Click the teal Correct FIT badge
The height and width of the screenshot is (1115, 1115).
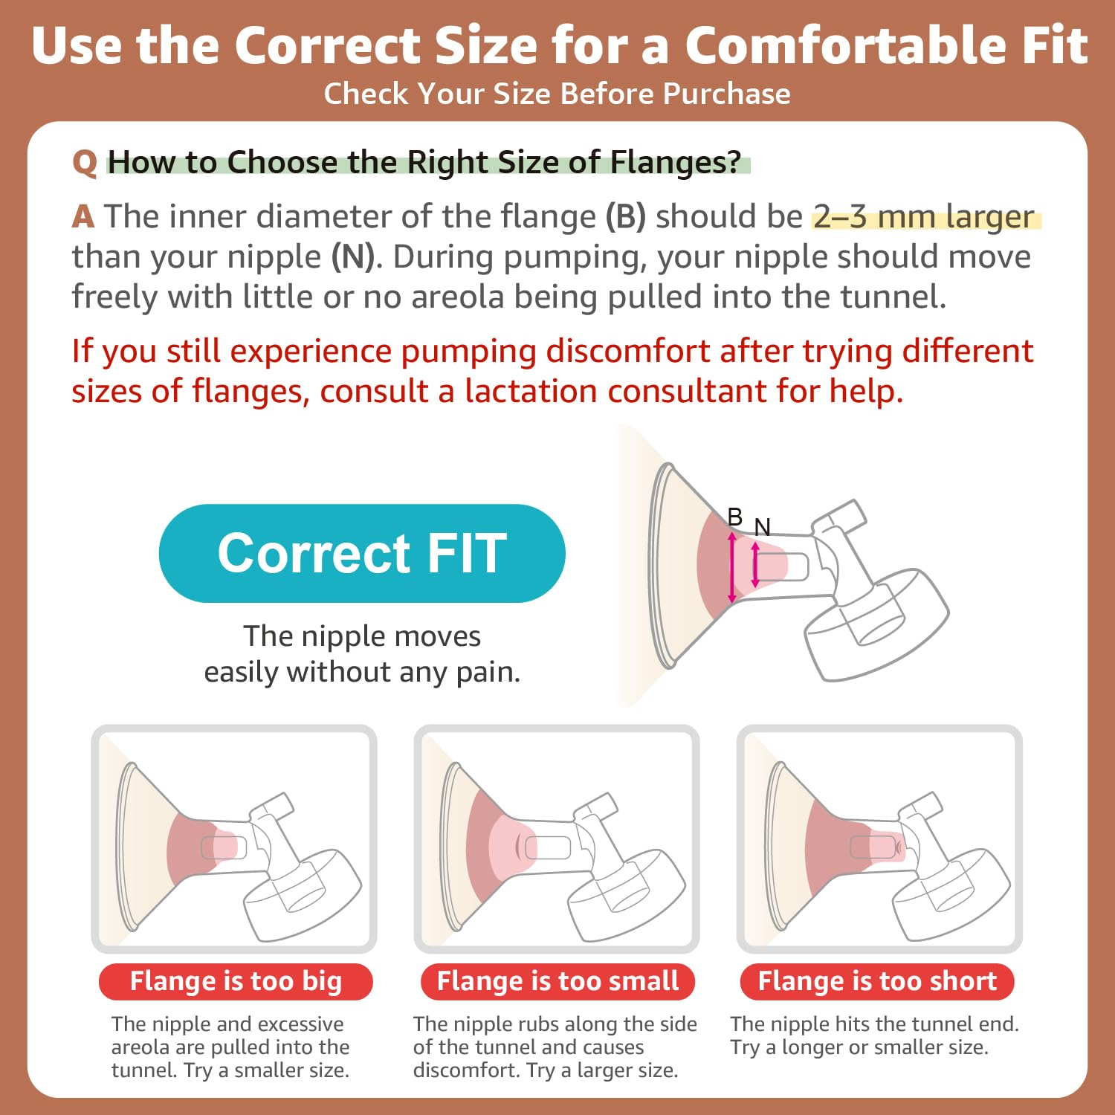click(x=362, y=553)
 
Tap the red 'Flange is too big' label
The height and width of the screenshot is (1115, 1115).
click(x=236, y=981)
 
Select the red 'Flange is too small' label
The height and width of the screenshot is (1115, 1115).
click(x=557, y=981)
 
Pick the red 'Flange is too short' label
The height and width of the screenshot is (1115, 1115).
click(x=877, y=981)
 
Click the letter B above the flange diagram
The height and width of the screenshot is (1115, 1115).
click(x=734, y=516)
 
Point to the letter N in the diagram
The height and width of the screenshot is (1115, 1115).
click(x=762, y=527)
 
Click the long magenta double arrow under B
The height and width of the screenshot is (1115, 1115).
click(x=732, y=566)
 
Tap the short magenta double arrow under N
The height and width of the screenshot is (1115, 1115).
click(x=755, y=565)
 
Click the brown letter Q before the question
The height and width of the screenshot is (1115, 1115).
click(x=85, y=163)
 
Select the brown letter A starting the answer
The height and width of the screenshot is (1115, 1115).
click(x=83, y=217)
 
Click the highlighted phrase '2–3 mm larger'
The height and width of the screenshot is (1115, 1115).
click(x=924, y=217)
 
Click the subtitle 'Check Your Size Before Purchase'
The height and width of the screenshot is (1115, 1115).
click(x=557, y=94)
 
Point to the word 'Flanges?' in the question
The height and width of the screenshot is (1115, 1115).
click(x=676, y=162)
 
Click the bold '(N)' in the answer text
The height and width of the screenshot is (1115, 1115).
click(x=353, y=257)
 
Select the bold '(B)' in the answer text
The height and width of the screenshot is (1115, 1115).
click(x=626, y=217)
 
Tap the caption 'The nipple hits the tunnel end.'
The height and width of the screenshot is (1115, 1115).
click(x=874, y=1024)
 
